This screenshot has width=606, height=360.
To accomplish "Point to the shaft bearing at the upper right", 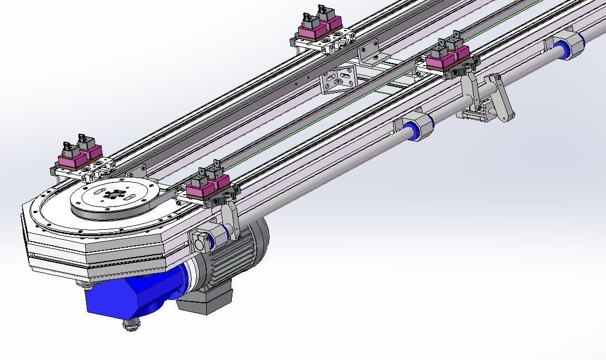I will coord(567,45).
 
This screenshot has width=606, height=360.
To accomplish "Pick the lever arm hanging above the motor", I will coord(231,220).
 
